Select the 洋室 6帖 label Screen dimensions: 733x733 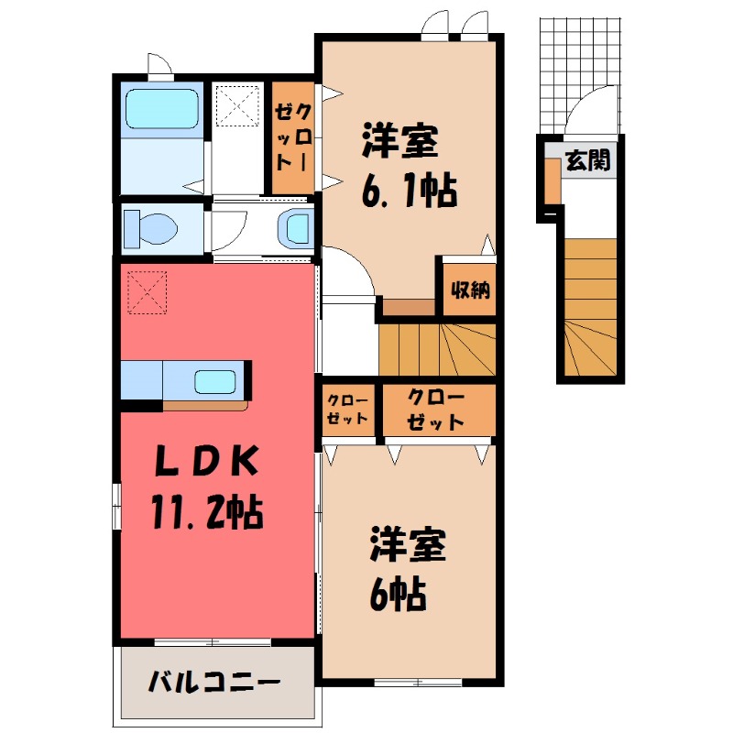pyautogui.click(x=407, y=568)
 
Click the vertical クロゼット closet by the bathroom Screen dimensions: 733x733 pyautogui.click(x=291, y=137)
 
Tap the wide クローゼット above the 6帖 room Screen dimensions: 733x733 pyautogui.click(x=436, y=410)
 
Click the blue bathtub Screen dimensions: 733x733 pyautogui.click(x=161, y=108)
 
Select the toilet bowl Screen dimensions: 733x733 pyautogui.click(x=152, y=227)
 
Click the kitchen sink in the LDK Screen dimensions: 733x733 pyautogui.click(x=215, y=380)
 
